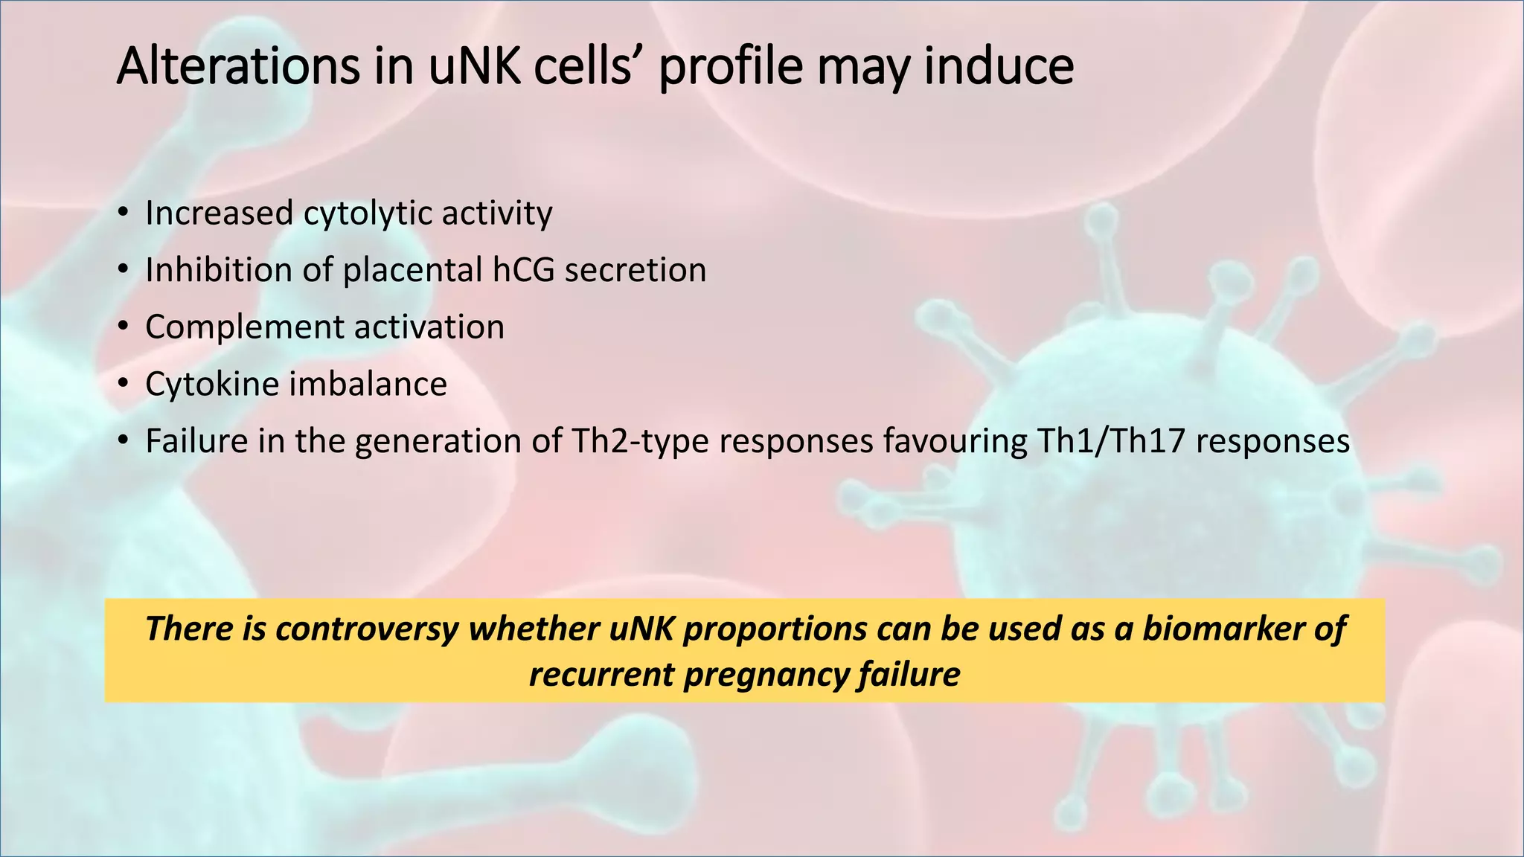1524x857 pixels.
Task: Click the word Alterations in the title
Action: click(237, 66)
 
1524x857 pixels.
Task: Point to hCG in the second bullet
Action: click(523, 270)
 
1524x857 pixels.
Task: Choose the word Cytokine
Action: click(212, 385)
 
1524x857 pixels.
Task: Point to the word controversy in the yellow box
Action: click(366, 629)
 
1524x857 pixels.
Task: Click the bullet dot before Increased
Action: click(123, 214)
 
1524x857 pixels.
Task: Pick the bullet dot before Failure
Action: click(123, 442)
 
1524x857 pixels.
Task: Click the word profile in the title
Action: click(730, 66)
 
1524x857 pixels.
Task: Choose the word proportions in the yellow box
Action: click(775, 629)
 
